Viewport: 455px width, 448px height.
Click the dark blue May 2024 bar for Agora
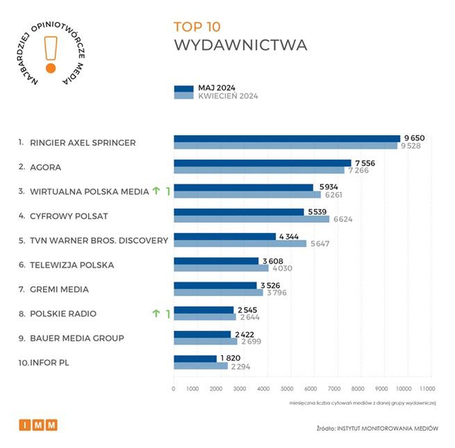(x=262, y=163)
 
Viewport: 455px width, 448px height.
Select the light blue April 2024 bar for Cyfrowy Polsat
(x=251, y=219)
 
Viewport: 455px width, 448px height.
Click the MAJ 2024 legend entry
(x=217, y=88)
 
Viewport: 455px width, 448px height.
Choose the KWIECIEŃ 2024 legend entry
(x=228, y=96)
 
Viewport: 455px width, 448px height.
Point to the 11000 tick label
(x=427, y=388)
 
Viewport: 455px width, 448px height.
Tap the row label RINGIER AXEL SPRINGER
(x=83, y=143)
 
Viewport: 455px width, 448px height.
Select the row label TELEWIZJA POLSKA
(x=72, y=265)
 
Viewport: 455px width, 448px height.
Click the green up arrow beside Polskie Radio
(x=156, y=314)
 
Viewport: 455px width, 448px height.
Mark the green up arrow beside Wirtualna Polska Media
(x=156, y=191)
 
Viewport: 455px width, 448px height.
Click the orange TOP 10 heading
(x=197, y=27)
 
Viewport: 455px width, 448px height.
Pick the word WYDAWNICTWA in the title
(x=240, y=46)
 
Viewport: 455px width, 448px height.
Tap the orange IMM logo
(x=38, y=425)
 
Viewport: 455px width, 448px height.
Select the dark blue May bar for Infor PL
(x=195, y=359)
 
